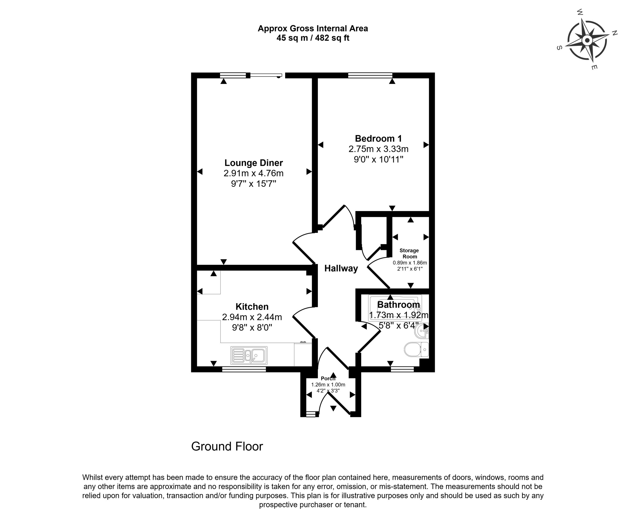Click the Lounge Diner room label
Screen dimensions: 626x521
point(253,163)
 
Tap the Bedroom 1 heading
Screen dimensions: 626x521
point(378,139)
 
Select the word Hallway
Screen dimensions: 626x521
point(341,269)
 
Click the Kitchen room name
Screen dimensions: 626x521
point(252,307)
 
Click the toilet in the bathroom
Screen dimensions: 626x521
point(416,349)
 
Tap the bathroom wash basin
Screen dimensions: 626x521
point(423,331)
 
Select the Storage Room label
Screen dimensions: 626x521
point(409,253)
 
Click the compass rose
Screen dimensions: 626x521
point(587,40)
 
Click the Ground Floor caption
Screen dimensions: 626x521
point(227,446)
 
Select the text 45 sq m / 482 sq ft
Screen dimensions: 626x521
point(313,38)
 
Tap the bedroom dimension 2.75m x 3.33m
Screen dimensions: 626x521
point(378,149)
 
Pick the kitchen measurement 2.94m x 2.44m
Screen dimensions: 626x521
point(252,317)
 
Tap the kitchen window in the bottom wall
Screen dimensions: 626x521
point(244,369)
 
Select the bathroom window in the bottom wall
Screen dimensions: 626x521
point(402,369)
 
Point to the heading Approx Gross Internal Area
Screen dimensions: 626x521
point(313,29)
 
